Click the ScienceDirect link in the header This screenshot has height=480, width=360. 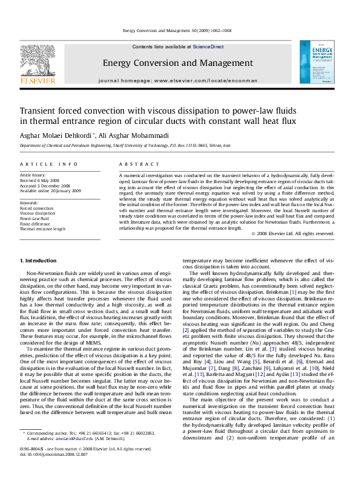pyautogui.click(x=208, y=47)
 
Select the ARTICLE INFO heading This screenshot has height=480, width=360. pyautogui.click(x=49, y=164)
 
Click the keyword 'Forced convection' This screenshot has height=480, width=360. pyautogui.click(x=36, y=208)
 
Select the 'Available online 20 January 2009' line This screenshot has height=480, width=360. pyautogui.click(x=50, y=191)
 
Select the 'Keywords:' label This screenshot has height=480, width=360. pyautogui.click(x=29, y=203)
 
